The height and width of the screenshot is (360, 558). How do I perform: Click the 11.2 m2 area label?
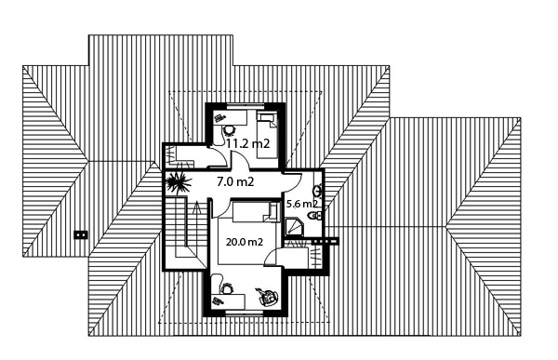tap(248, 143)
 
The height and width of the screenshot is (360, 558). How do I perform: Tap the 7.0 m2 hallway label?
tap(235, 182)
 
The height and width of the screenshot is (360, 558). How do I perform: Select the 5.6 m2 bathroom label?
tap(301, 204)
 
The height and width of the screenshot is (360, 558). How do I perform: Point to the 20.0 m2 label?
tap(245, 242)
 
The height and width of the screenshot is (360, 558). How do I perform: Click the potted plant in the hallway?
tap(179, 181)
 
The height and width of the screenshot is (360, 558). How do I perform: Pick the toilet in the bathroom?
tap(314, 216)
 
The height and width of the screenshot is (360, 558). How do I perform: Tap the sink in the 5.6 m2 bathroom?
tap(317, 192)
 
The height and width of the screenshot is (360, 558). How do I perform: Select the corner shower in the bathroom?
tap(294, 227)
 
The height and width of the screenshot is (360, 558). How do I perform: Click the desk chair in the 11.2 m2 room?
tap(228, 130)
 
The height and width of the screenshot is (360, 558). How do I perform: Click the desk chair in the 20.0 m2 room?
tap(227, 287)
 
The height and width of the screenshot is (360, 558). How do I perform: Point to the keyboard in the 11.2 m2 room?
tap(219, 117)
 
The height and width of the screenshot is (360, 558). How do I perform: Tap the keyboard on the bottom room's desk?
tap(217, 301)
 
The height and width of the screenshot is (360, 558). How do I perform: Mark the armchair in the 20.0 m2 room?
tap(267, 297)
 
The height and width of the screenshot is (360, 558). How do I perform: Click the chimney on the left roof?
tap(80, 234)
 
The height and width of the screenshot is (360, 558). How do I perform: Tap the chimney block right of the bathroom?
tap(325, 241)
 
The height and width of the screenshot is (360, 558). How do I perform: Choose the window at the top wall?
tap(246, 104)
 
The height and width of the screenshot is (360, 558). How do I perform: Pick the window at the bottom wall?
tap(244, 313)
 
